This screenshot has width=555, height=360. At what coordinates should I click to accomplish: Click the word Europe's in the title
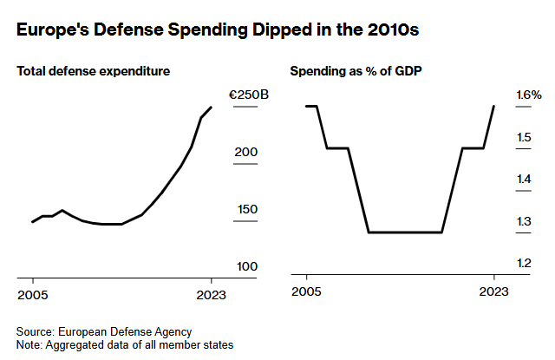(52, 31)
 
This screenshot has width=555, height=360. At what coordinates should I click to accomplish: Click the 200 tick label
(246, 153)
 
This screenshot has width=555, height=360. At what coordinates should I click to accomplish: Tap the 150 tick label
(246, 209)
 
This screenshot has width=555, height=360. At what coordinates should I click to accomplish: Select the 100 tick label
(246, 265)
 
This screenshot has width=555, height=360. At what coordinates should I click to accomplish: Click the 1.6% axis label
(529, 95)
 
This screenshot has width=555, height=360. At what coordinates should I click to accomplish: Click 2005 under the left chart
(33, 295)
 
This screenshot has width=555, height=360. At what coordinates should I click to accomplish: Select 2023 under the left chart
(211, 295)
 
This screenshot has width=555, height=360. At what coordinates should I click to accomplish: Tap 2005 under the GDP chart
(306, 295)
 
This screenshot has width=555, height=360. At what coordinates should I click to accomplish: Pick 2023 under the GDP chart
(493, 295)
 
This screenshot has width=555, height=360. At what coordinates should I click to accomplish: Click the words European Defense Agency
(124, 331)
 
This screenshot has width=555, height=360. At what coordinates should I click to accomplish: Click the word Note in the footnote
(29, 344)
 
